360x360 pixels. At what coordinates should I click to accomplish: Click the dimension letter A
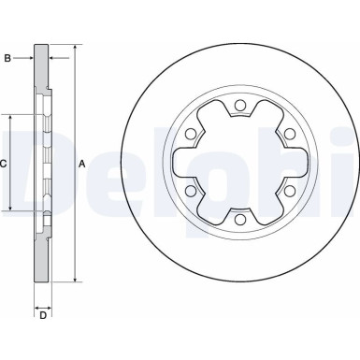(83, 164)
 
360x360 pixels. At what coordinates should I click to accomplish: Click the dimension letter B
(8, 59)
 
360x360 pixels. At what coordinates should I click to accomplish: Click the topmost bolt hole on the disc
(239, 105)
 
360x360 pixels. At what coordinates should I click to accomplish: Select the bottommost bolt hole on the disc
(239, 221)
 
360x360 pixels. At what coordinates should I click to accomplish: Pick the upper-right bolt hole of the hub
(290, 134)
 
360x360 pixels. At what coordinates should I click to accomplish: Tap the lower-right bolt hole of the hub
(290, 192)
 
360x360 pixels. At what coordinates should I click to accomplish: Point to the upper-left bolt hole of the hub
(190, 134)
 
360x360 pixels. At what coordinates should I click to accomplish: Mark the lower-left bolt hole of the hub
(190, 192)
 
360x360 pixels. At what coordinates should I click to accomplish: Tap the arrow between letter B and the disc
(28, 59)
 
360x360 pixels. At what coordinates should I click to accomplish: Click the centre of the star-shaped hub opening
(239, 163)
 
